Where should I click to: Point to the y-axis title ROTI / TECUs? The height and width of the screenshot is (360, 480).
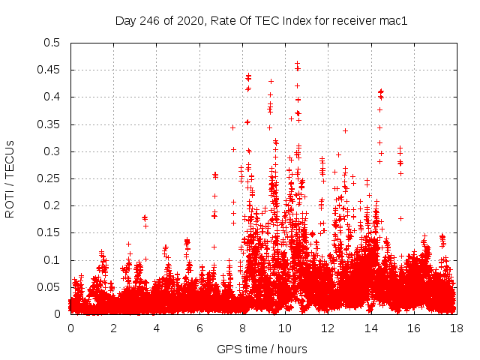(10, 178)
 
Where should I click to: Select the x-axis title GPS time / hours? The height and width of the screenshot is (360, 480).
(262, 349)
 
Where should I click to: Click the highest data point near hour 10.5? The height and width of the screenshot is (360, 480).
(297, 64)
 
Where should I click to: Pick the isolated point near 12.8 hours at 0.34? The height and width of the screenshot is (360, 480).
(345, 130)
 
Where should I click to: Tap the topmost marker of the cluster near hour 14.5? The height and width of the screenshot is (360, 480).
(381, 91)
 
